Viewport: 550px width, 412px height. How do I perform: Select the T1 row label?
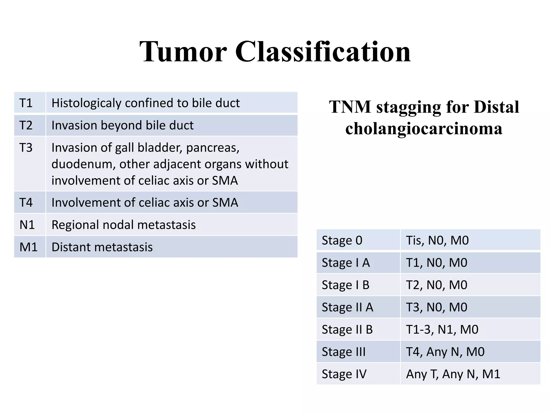click(26, 103)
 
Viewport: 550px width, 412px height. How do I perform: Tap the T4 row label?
click(26, 202)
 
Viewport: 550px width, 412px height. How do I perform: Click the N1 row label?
click(27, 225)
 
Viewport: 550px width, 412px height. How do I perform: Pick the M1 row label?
click(28, 247)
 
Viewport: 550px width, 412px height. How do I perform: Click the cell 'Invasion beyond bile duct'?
click(122, 125)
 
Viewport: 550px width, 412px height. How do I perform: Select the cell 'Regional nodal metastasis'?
click(124, 225)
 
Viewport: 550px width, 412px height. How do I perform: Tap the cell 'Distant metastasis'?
click(102, 247)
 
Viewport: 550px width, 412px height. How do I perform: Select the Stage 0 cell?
click(342, 240)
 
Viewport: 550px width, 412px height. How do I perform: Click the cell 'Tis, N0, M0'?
click(437, 240)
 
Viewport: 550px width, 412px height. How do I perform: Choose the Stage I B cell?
click(346, 285)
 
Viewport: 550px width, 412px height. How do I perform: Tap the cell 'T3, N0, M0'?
click(437, 307)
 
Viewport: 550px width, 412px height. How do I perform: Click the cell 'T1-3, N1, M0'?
click(442, 329)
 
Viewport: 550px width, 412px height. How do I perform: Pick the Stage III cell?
click(344, 352)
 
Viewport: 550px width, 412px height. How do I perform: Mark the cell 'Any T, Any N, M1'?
click(453, 374)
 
